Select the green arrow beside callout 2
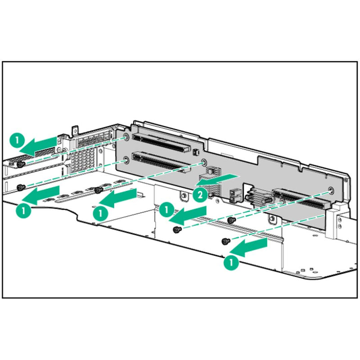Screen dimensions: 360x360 tap(216, 179)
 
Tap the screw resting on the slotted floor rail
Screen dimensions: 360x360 tap(97, 190)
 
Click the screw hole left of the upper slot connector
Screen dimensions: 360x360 tap(126, 136)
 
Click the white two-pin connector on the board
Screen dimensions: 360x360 tap(233, 195)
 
